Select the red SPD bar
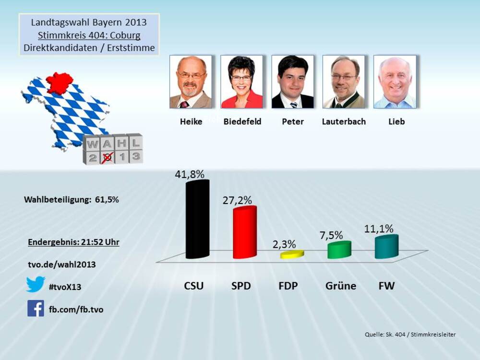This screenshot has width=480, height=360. coord(245,233)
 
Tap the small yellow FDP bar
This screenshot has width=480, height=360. coord(292,254)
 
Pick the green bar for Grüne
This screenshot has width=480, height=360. coord(339,250)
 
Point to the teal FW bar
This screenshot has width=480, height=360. coord(386,247)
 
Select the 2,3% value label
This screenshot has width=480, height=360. coord(285,244)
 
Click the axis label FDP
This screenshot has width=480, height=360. coord(288,286)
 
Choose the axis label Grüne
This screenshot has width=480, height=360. coord(341,286)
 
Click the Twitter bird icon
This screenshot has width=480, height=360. coord(36,284)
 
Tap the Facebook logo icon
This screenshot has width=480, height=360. coord(36,308)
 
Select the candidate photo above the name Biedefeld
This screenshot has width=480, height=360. coord(241,82)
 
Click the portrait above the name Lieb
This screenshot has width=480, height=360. coord(395,82)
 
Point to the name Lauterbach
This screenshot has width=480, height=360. coord(344,122)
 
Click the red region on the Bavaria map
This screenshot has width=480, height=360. coord(60,83)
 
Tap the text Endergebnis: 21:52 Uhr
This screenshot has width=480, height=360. coord(73,242)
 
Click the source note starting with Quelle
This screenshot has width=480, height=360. coord(410,335)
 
